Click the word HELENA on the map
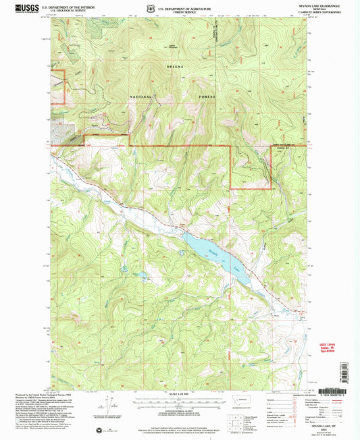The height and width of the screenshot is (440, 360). (176, 68)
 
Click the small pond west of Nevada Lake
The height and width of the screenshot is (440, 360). (143, 275)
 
